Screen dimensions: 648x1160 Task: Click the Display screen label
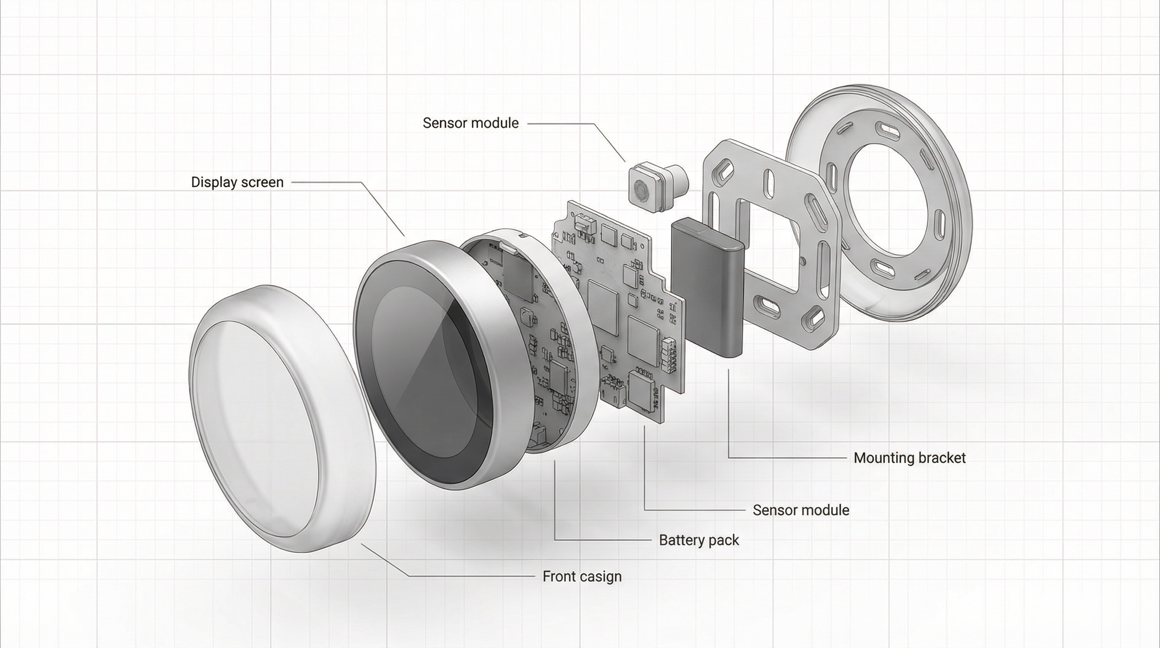pos(237,182)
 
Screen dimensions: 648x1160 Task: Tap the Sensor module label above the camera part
pos(470,123)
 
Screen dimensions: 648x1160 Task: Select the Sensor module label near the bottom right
pos(800,510)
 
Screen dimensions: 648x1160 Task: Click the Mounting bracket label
pos(909,458)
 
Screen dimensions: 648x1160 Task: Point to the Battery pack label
pos(698,540)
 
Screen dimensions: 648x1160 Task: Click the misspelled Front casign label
pos(582,576)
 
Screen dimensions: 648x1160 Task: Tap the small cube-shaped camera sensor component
pos(646,189)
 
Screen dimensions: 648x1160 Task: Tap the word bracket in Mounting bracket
pos(941,458)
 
